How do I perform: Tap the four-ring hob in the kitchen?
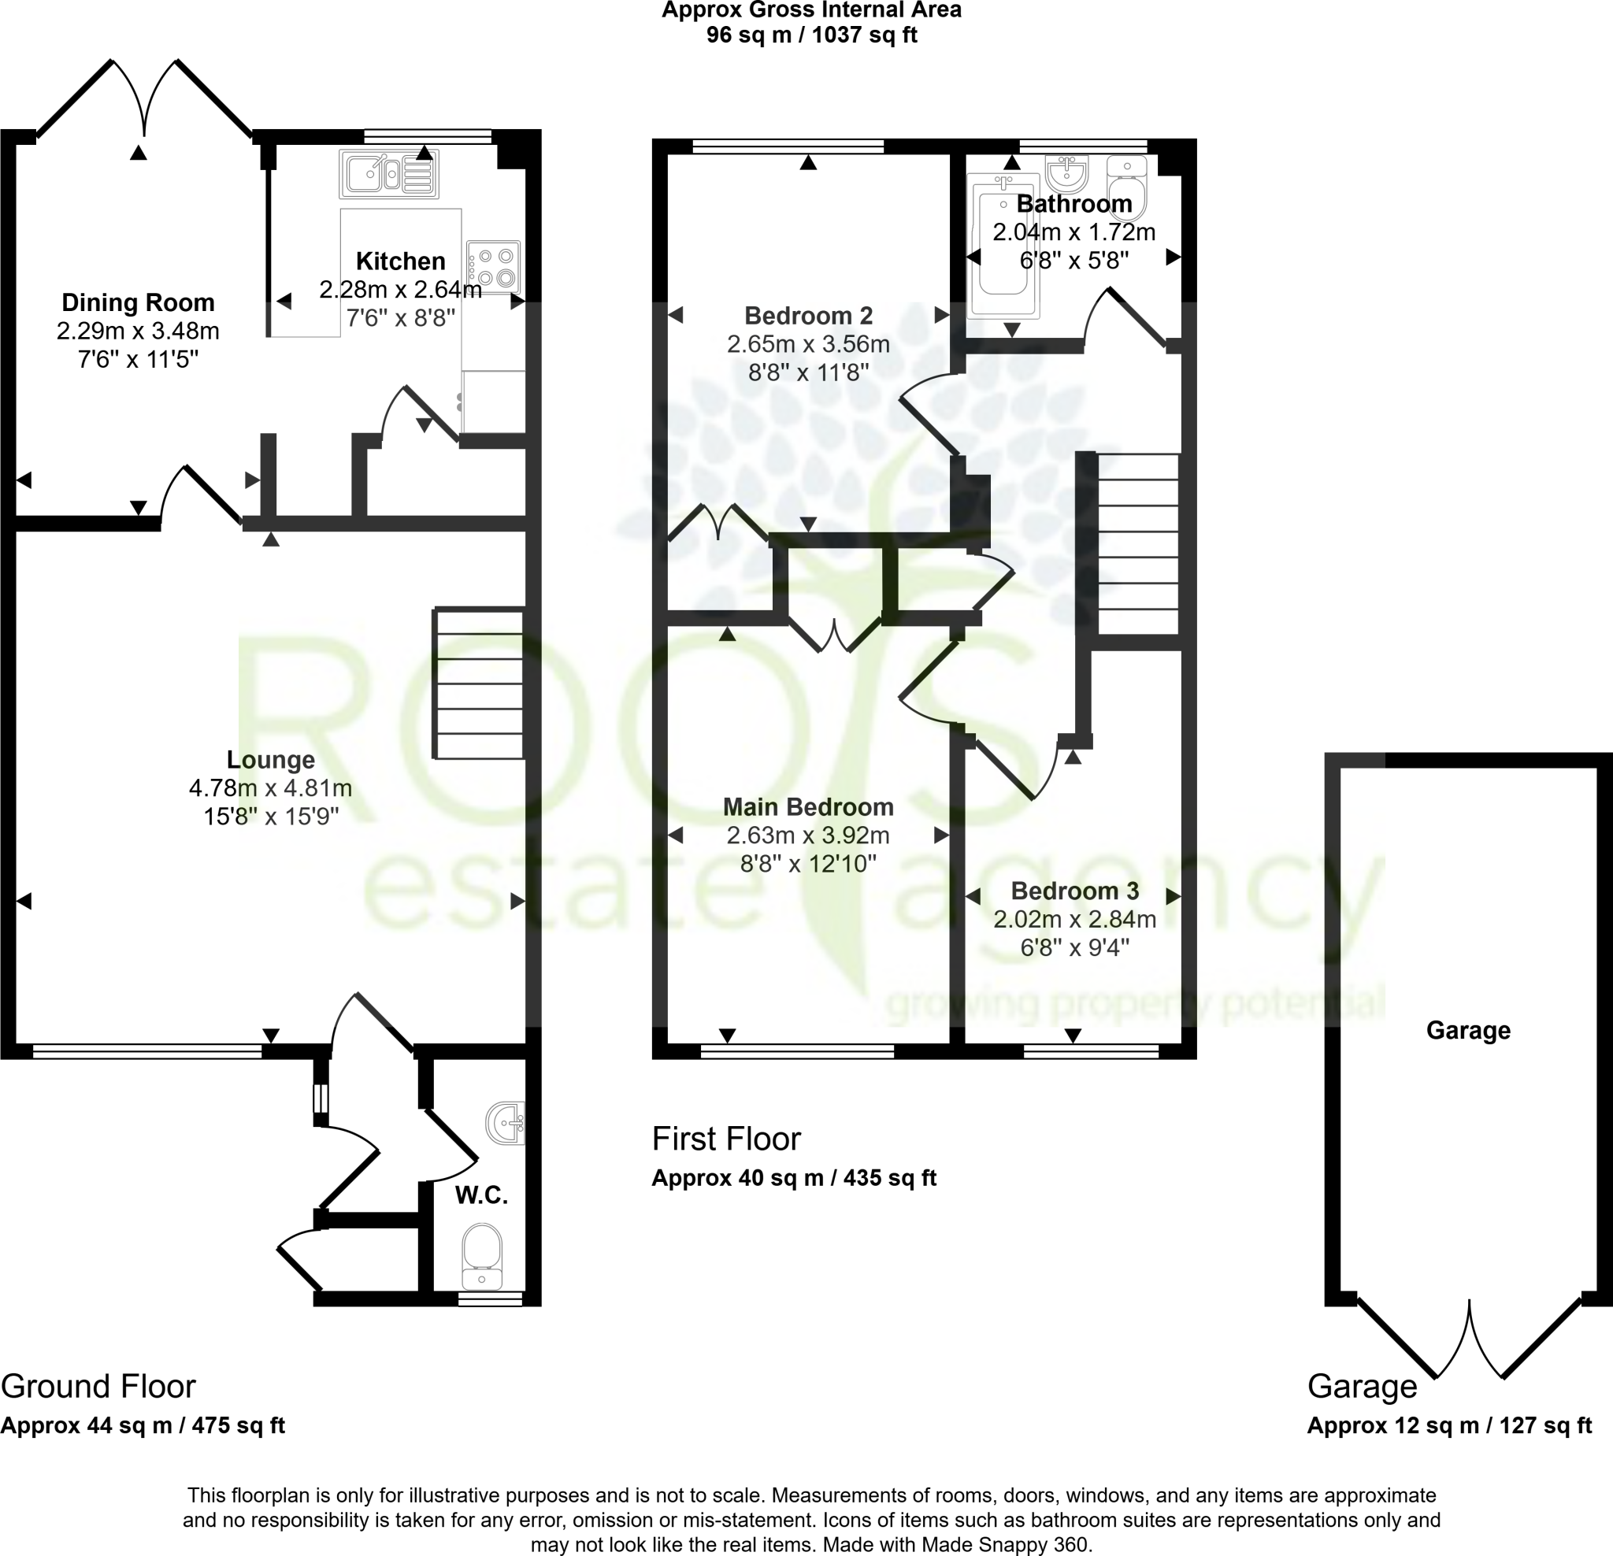click(x=493, y=267)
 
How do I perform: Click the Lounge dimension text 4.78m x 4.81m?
click(x=270, y=787)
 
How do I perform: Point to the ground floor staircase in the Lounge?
click(x=479, y=683)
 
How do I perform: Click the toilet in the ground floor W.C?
click(x=482, y=1255)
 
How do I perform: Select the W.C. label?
click(x=481, y=1195)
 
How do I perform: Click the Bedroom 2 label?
click(x=808, y=315)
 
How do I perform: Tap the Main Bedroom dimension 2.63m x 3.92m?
click(x=807, y=835)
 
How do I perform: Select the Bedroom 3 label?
click(x=1074, y=891)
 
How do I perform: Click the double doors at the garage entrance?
click(x=1469, y=1337)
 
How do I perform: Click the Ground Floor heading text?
click(x=98, y=1387)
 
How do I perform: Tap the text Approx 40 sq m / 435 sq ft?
click(x=793, y=1177)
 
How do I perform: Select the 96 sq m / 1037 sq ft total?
click(x=811, y=35)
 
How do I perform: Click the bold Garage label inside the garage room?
click(x=1468, y=1030)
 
